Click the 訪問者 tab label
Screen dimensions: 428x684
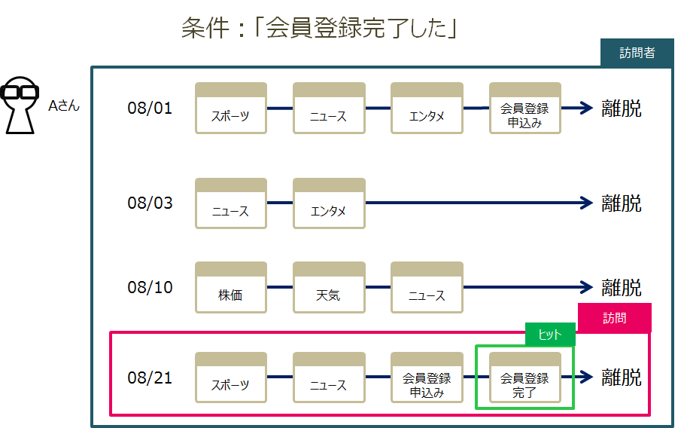637,53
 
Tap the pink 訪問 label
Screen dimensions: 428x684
614,318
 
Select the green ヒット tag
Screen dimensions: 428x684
549,334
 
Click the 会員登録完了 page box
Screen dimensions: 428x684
524,378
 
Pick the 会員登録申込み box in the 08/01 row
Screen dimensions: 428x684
524,109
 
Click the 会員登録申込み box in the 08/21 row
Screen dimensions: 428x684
427,378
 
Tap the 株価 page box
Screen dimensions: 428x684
231,288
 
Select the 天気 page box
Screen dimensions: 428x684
329,288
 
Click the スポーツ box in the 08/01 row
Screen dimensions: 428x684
231,109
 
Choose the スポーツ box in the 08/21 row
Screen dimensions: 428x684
231,378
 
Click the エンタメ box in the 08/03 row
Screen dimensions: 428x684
329,203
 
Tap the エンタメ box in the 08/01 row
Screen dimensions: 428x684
427,109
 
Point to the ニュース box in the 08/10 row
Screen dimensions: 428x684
427,288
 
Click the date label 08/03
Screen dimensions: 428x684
150,203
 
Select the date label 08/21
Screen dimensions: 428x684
150,378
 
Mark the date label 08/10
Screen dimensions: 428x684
150,287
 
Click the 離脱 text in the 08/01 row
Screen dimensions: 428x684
622,109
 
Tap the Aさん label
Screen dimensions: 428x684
64,106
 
